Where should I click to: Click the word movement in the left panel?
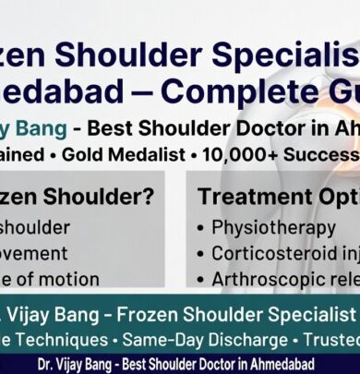click(x=34, y=253)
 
